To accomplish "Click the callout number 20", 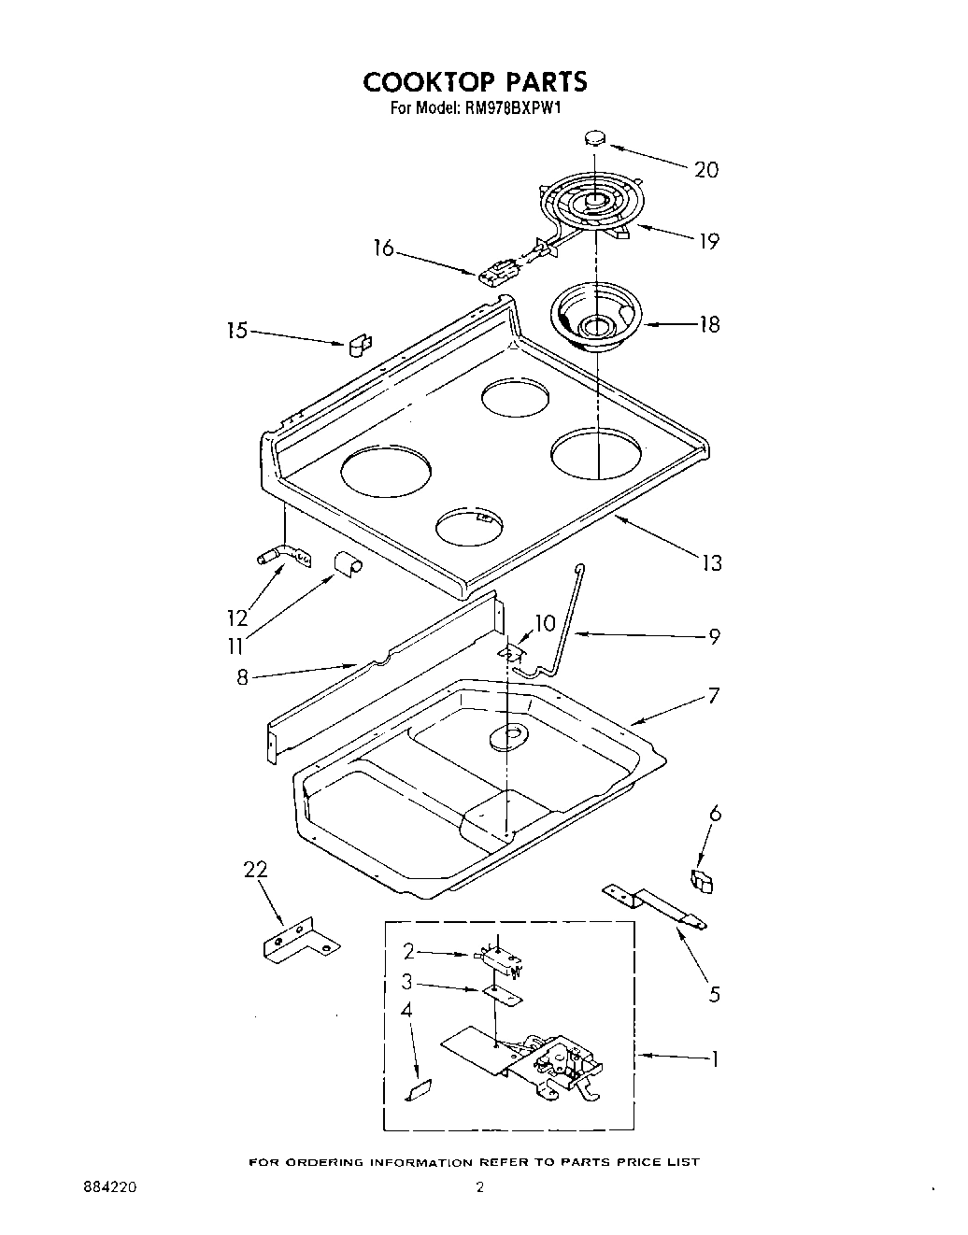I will pos(706,169).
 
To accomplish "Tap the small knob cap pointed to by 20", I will pos(593,138).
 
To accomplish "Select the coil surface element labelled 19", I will pos(585,203).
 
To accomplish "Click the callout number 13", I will pos(712,562).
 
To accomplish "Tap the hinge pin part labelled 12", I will pos(278,557).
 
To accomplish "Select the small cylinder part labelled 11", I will pos(349,565).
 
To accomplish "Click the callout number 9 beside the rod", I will pos(714,636).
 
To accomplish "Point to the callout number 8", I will pos(243,678).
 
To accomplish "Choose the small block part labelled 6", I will pos(701,880).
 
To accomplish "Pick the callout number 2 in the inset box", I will pos(408,951).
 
